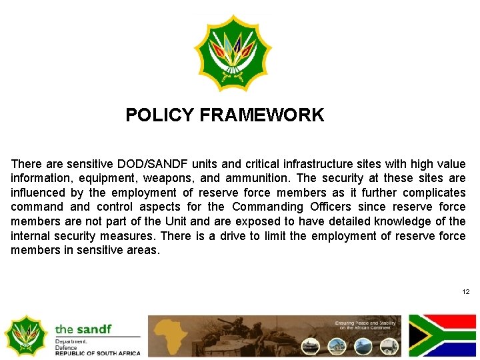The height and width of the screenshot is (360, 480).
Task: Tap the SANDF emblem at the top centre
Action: pos(233,53)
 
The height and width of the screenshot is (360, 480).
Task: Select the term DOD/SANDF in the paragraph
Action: pos(145,164)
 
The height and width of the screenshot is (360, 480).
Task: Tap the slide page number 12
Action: pos(465,292)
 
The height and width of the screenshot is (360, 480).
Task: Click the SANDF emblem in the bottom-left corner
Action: pos(25,335)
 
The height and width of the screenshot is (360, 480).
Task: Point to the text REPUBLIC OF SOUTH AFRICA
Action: pos(97,353)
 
